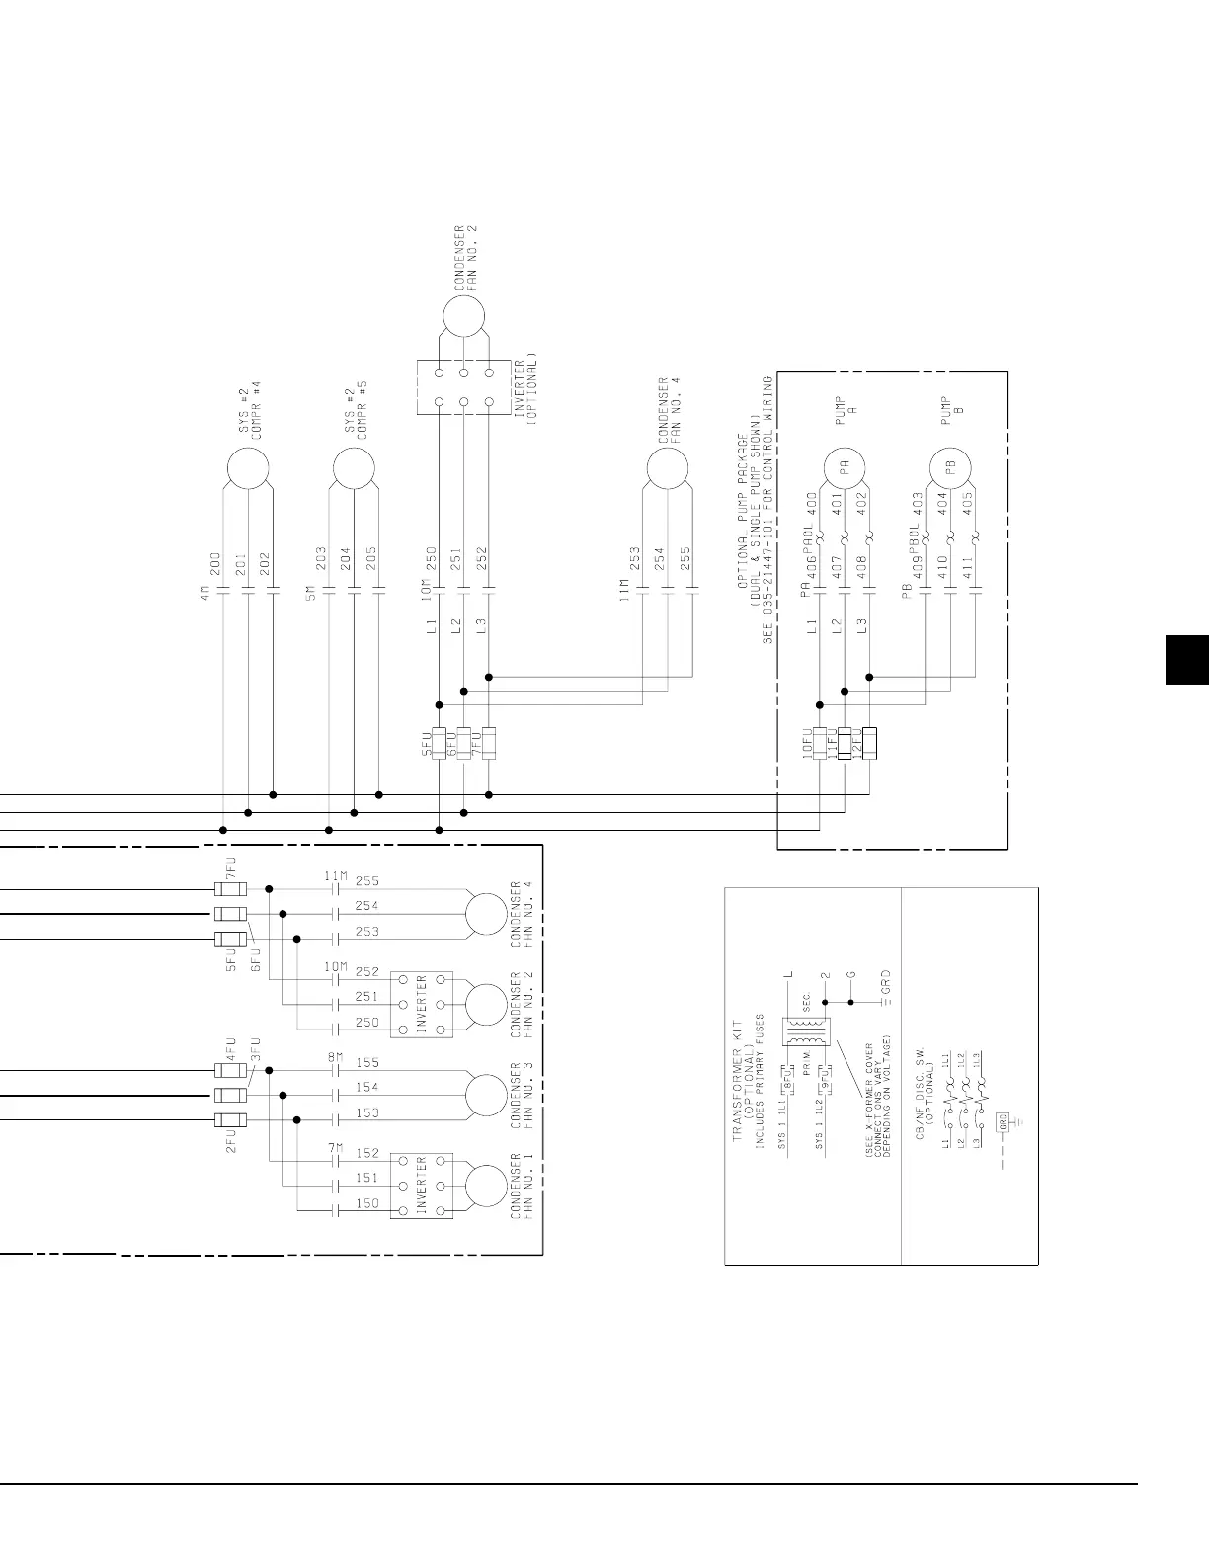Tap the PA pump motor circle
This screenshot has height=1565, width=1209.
tap(845, 468)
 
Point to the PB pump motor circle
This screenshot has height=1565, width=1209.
tap(950, 468)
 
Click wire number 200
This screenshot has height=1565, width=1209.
tap(215, 564)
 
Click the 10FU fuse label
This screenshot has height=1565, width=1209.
tap(806, 742)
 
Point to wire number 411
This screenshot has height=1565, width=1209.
tap(969, 568)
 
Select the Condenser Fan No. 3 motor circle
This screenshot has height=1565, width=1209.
tap(486, 1095)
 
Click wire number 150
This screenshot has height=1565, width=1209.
tap(366, 1203)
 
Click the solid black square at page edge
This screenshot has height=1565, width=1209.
tap(1186, 660)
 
